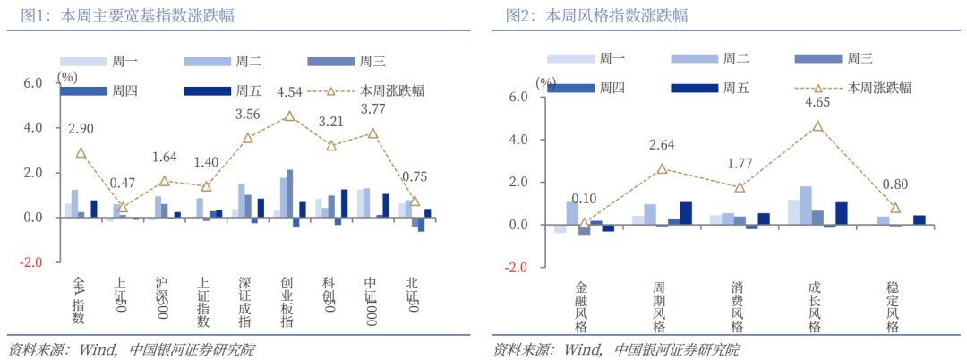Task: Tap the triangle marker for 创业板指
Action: pos(289,116)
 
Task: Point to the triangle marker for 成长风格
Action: pos(817,126)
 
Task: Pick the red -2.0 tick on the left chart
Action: pos(32,262)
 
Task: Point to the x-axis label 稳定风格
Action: pos(893,307)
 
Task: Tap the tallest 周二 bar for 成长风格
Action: pos(806,205)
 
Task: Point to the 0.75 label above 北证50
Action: pos(415,176)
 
